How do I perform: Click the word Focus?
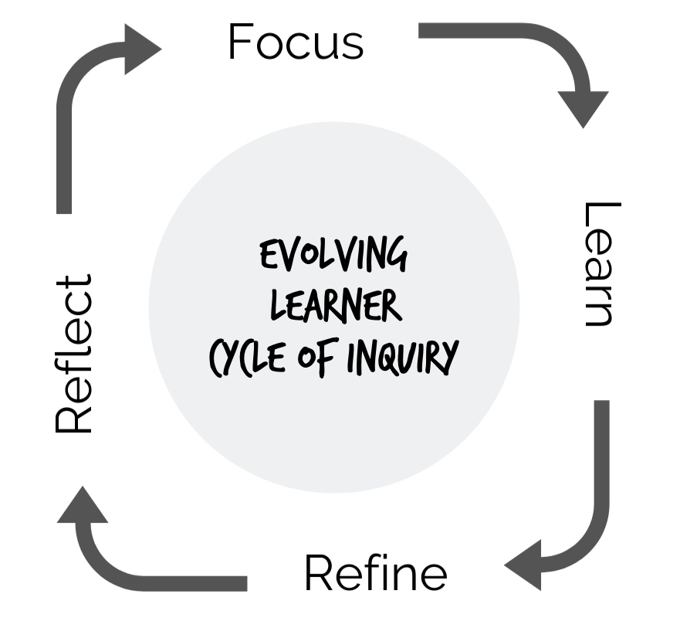(x=296, y=42)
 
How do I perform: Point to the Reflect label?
(x=75, y=353)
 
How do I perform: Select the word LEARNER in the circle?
(x=336, y=306)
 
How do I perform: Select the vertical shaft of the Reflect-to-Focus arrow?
(x=64, y=154)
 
